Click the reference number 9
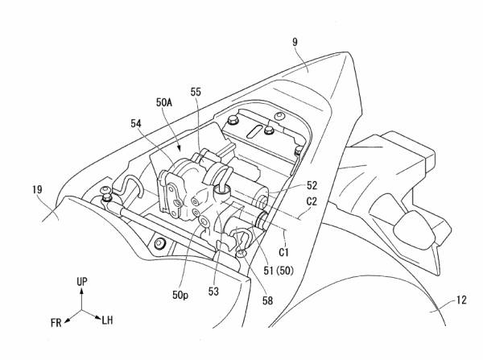click(x=295, y=42)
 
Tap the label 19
click(x=37, y=189)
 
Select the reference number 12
click(x=461, y=300)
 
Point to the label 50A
click(x=164, y=102)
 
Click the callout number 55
click(x=196, y=92)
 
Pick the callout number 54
click(x=136, y=123)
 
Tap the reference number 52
click(x=312, y=185)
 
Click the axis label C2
click(x=312, y=201)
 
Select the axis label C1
click(x=283, y=252)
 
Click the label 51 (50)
click(x=279, y=271)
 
